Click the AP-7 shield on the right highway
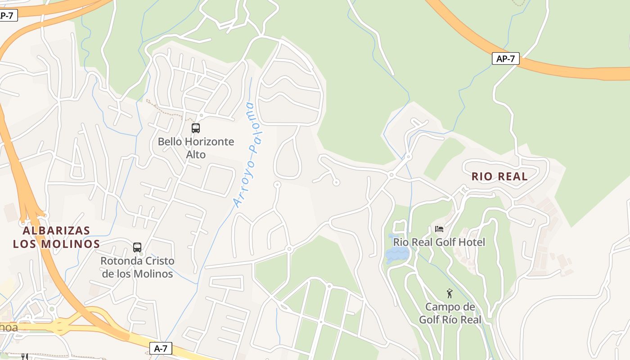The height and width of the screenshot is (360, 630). click(505, 58)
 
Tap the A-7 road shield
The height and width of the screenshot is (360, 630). click(161, 348)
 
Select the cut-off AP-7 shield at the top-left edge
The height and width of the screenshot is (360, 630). click(7, 15)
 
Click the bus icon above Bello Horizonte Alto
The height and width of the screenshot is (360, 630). click(196, 128)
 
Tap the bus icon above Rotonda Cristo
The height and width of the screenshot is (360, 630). click(137, 247)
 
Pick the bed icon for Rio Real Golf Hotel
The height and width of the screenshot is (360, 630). click(439, 229)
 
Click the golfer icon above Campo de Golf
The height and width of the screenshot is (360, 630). click(450, 294)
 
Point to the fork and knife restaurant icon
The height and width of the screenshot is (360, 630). click(24, 356)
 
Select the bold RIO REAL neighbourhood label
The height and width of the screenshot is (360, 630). click(499, 176)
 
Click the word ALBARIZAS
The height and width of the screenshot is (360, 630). click(56, 231)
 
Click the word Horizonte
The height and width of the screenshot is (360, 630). click(209, 142)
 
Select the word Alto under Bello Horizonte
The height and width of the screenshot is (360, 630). click(196, 155)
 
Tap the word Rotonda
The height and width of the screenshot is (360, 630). click(118, 261)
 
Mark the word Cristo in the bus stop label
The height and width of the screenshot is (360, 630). click(157, 261)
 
